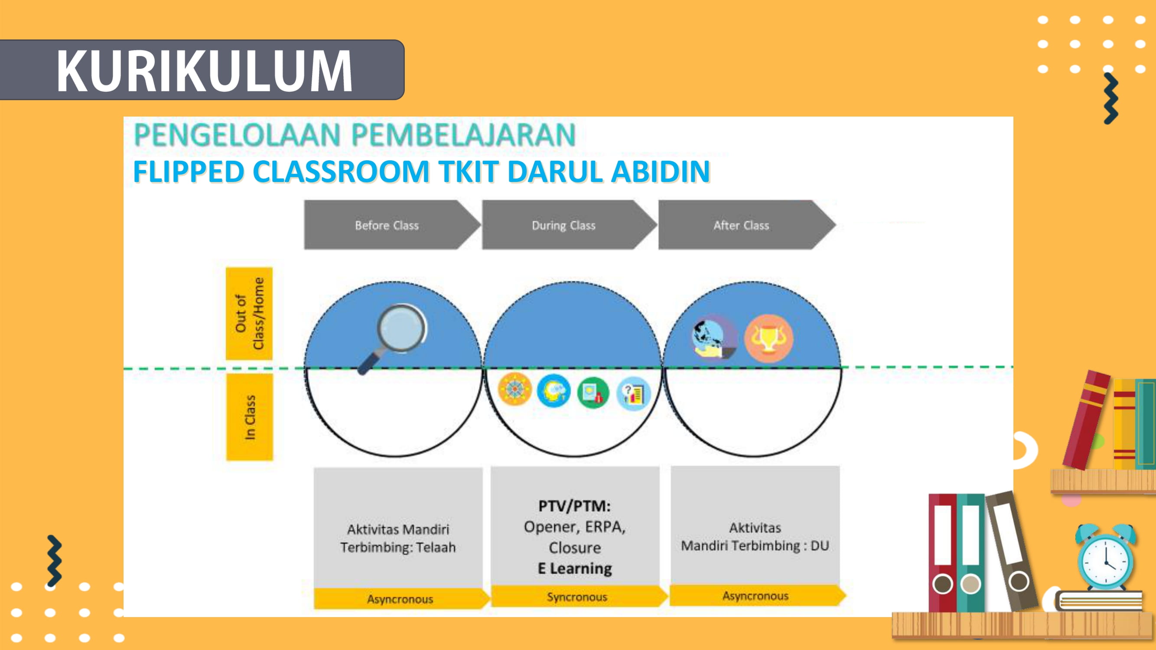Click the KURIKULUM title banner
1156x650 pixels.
click(x=202, y=70)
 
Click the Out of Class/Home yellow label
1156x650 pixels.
click(x=249, y=314)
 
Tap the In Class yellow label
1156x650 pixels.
click(x=250, y=417)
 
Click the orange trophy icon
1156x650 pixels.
click(x=768, y=339)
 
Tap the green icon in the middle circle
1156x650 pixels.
click(x=593, y=393)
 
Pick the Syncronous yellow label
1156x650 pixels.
click(x=577, y=597)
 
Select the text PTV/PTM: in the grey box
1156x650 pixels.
click(x=574, y=506)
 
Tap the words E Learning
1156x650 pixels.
click(x=575, y=569)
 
